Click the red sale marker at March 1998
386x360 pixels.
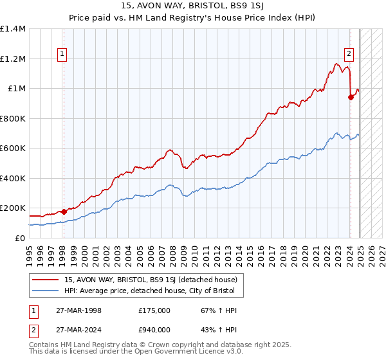64,212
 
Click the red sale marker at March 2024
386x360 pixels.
351,98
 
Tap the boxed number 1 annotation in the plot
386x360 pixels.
63,55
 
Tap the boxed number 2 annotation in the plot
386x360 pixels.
349,55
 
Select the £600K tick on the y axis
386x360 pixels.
13,148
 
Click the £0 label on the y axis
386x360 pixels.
21,239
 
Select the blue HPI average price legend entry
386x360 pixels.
153,291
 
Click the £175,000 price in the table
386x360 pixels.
154,310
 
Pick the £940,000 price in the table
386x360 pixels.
154,330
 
